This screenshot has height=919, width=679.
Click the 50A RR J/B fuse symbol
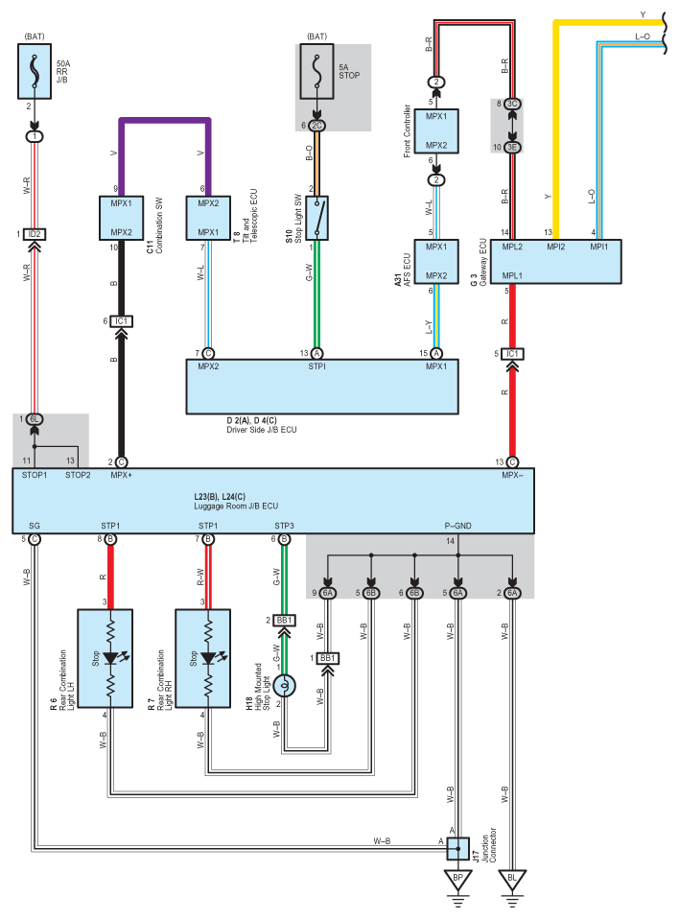(35, 71)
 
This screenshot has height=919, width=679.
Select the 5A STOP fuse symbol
(316, 71)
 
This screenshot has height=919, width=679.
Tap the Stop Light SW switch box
(316, 218)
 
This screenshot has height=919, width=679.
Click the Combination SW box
(121, 218)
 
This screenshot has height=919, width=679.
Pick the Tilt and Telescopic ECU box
(208, 218)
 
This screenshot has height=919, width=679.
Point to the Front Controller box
(436, 131)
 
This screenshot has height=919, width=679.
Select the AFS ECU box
(436, 261)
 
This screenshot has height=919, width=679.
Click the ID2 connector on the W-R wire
(35, 234)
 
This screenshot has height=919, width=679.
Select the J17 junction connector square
(458, 848)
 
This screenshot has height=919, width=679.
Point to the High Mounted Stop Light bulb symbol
(284, 685)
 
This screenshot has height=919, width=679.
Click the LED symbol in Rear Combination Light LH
(112, 658)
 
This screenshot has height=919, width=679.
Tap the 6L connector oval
(35, 419)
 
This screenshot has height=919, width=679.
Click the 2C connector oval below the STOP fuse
(316, 126)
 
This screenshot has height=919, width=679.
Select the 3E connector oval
(513, 147)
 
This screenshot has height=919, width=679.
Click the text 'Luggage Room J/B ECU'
(236, 506)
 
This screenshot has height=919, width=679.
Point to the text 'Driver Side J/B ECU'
(262, 430)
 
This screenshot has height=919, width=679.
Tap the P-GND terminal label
(458, 526)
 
